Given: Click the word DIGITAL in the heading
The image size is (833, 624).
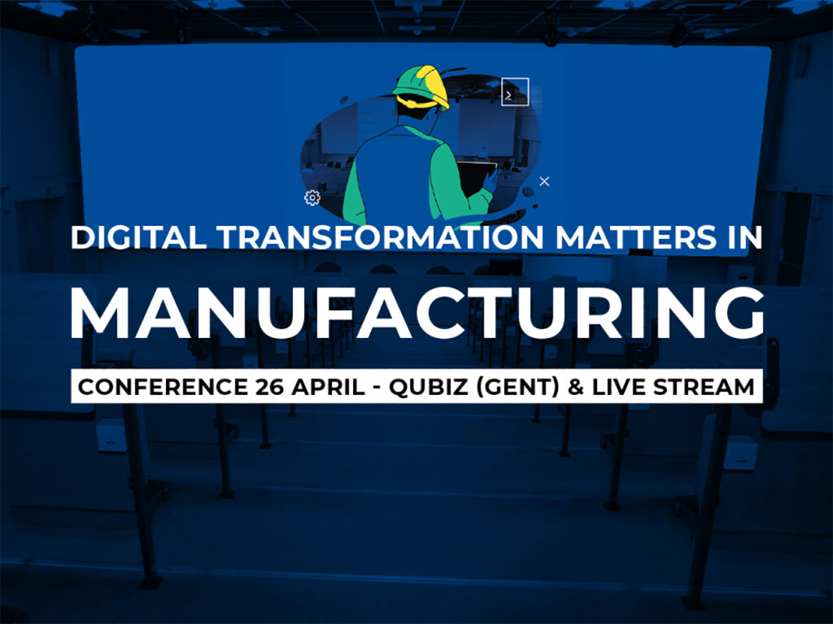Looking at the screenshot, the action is [x=138, y=237].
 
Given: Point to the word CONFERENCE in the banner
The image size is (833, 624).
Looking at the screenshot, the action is [x=163, y=387].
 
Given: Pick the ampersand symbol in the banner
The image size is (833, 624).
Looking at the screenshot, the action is [x=576, y=387].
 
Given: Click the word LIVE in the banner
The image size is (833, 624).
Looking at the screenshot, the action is [x=619, y=387].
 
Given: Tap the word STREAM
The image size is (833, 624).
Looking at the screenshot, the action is [x=704, y=387].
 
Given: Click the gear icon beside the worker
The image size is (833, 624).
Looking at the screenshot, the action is [x=312, y=197].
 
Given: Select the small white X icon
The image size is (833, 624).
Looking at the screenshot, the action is [x=544, y=181].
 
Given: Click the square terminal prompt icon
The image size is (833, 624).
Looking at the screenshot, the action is [x=515, y=91].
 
